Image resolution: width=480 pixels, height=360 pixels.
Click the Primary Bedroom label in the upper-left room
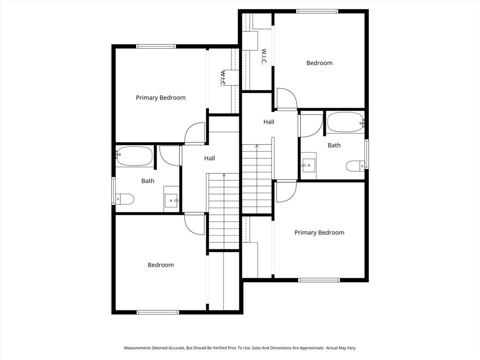(x=161, y=97)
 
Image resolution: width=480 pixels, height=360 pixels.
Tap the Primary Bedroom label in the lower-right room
(x=319, y=232)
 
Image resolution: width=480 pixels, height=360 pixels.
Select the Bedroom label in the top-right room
(x=319, y=63)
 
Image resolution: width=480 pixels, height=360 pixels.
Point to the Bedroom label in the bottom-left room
(x=161, y=265)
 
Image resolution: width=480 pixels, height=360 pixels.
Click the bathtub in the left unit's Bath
(x=134, y=156)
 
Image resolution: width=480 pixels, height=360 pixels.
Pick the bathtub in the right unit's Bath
(x=345, y=122)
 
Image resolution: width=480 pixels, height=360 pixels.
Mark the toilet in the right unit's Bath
(x=355, y=166)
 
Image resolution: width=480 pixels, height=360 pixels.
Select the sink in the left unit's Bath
(x=171, y=199)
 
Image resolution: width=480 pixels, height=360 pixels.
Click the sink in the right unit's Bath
(x=309, y=165)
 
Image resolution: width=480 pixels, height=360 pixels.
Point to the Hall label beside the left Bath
(x=210, y=158)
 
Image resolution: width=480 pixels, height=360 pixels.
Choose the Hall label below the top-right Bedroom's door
(x=269, y=122)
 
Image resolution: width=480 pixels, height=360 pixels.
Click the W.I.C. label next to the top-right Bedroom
(x=264, y=56)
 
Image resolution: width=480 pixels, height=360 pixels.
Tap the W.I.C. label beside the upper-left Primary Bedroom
(x=223, y=78)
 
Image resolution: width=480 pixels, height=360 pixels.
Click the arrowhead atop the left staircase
(x=224, y=175)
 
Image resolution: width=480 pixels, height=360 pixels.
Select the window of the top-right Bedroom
(x=317, y=11)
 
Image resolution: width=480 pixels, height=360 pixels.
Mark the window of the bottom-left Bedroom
(x=157, y=312)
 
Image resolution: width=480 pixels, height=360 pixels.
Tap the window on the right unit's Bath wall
(x=367, y=154)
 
